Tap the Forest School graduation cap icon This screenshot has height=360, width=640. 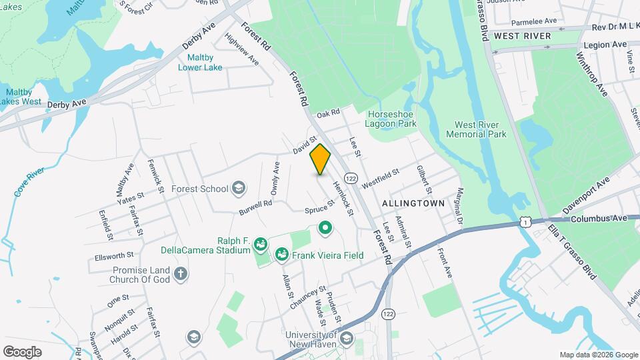click(238, 189)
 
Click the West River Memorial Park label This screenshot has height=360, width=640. click(480, 129)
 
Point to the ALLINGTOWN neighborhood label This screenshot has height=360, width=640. click(413, 201)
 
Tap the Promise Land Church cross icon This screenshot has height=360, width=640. click(180, 273)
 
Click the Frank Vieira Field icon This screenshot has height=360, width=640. click(281, 255)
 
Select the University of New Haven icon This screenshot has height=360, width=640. click(346, 339)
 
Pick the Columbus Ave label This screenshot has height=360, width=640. click(599, 218)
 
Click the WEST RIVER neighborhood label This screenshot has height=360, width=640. click(523, 35)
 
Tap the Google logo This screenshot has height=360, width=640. click(22, 352)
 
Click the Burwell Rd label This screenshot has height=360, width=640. click(256, 208)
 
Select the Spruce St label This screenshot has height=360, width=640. click(319, 210)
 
